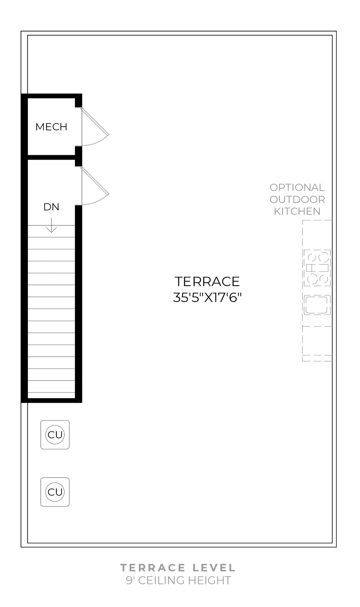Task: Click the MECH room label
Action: tap(51, 127)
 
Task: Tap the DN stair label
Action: tap(51, 207)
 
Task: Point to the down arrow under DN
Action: tap(51, 226)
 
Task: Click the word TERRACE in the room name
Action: tap(207, 282)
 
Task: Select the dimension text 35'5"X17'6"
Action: tap(207, 298)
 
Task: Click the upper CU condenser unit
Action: tap(55, 435)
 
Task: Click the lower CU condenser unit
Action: tap(55, 492)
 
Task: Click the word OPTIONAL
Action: tap(297, 188)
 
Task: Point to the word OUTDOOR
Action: tap(297, 200)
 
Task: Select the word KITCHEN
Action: tap(297, 212)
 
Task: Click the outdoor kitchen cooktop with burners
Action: tap(317, 268)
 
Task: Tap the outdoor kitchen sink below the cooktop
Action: tap(317, 305)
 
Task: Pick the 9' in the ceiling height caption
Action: tap(130, 580)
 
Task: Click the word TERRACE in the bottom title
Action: tap(153, 568)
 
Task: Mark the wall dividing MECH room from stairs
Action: tap(51, 157)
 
